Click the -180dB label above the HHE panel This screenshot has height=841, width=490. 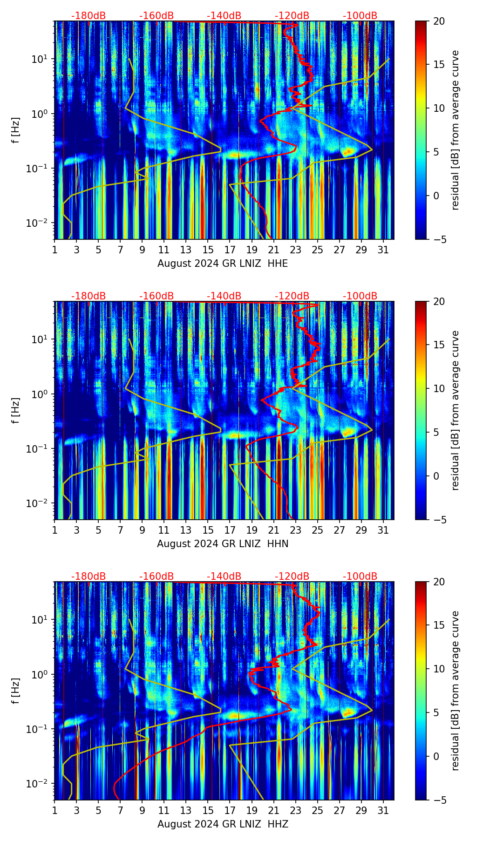point(88,16)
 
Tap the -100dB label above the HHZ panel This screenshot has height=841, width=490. point(360,576)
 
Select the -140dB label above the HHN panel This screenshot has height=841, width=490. point(224,296)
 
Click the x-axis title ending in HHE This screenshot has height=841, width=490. point(223,264)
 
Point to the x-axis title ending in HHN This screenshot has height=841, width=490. point(223,544)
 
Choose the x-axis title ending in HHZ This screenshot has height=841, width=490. point(223,824)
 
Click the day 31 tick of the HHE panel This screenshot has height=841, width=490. point(383,250)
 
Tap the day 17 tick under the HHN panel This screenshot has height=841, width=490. point(230,530)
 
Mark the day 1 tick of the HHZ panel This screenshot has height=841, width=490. point(55,811)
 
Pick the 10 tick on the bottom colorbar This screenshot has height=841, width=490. point(439,669)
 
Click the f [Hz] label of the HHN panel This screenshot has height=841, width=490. point(16,410)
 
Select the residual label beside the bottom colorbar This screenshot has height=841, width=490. point(455,691)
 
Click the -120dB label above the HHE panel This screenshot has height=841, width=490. point(292,16)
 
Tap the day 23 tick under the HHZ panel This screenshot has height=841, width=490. point(296,811)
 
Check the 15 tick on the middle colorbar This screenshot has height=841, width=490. point(439,345)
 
